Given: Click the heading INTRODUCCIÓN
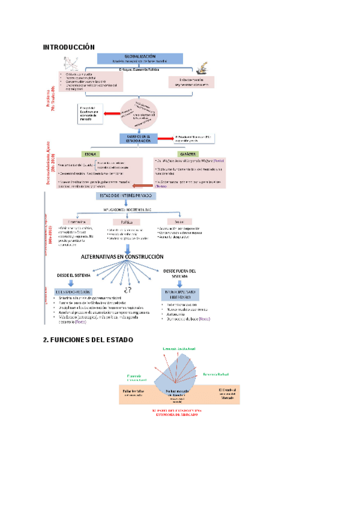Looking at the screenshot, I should click(69, 46).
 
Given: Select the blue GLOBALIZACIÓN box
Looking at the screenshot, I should click(139, 58).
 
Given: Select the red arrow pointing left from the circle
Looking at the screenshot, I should click(110, 112).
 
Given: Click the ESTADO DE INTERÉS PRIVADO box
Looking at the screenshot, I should click(125, 196).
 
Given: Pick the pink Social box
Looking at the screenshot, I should click(179, 221).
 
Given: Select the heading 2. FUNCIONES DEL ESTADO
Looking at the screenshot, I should click(88, 340).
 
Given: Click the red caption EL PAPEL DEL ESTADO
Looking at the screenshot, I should click(177, 412).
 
